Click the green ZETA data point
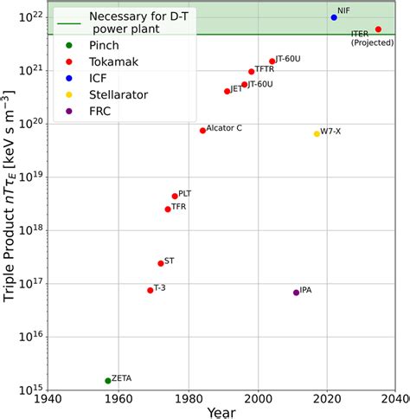(108, 380)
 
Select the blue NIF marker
(334, 17)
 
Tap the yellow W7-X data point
(317, 133)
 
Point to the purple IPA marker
(296, 293)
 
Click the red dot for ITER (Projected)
(378, 29)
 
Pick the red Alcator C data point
(203, 131)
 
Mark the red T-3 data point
(151, 290)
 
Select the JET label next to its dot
(236, 88)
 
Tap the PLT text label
(184, 194)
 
